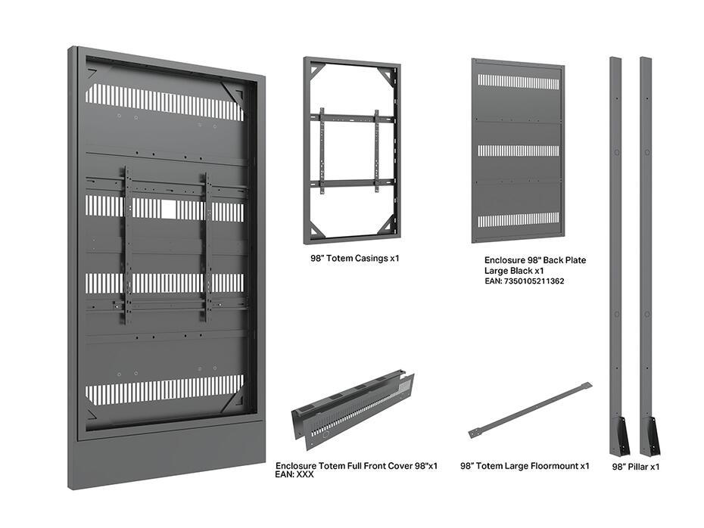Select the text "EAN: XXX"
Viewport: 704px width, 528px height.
click(x=294, y=475)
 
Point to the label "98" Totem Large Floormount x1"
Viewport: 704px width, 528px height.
click(x=525, y=466)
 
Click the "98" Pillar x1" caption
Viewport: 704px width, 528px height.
click(x=636, y=467)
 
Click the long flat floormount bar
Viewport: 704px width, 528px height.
click(x=529, y=409)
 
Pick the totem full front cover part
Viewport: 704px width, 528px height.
click(x=353, y=412)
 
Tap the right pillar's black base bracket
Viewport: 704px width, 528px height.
click(x=648, y=436)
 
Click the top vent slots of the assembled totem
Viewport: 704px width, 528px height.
click(x=164, y=101)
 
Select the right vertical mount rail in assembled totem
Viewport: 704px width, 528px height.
click(x=206, y=247)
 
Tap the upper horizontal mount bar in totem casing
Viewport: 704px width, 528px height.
click(x=350, y=117)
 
